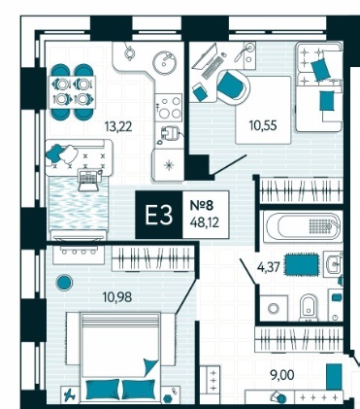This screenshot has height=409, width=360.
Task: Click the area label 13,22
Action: tap(118, 126)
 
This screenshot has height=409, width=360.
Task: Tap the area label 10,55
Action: tap(263, 125)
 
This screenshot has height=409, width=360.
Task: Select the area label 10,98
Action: tap(117, 296)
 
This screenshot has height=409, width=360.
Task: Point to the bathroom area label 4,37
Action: tap(269, 267)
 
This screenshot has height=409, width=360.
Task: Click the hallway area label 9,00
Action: tap(282, 375)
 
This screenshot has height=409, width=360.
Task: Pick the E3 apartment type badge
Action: tap(159, 215)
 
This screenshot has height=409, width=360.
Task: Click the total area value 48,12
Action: tap(205, 222)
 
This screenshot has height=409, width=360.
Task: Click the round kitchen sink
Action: tap(164, 63)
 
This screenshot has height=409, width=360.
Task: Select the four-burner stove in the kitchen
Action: tap(169, 108)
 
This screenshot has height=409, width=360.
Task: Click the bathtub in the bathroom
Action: tap(303, 226)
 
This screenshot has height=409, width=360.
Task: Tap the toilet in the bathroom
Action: tap(309, 307)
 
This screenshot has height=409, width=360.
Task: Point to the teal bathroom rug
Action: tap(302, 265)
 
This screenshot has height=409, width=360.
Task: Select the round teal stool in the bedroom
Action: tap(64, 283)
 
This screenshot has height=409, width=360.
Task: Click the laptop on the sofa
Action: tap(88, 181)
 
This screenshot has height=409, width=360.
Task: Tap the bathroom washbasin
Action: tap(333, 264)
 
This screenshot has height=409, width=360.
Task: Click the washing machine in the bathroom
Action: tap(274, 308)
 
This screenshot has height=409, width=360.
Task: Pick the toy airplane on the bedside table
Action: tap(70, 395)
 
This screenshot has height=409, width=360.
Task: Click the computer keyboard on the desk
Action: tap(213, 67)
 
